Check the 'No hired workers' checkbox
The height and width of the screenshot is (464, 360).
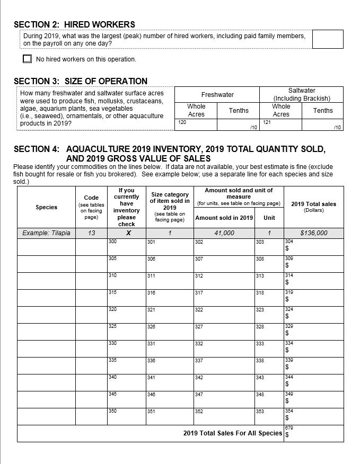[x=28, y=59]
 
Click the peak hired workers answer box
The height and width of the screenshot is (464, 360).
[x=327, y=39]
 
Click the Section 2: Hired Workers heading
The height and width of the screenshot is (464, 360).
[x=74, y=24]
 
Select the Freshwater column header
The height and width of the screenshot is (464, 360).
[x=217, y=95]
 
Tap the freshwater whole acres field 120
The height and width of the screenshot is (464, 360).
[x=196, y=125]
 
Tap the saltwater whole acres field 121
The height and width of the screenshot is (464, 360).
[x=281, y=125]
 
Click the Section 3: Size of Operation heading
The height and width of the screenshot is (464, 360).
[x=81, y=81]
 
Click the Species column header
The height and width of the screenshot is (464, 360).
[x=46, y=207]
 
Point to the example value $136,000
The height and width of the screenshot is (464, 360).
[x=313, y=233]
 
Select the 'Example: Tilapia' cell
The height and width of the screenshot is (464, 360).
[x=46, y=233]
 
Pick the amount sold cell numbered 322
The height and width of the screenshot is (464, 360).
[x=224, y=315]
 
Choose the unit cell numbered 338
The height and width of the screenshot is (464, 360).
[x=269, y=366]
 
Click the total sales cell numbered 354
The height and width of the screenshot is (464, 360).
[x=313, y=417]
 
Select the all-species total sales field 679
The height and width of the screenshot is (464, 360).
[x=313, y=433]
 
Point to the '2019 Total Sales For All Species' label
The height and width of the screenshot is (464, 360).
[x=233, y=433]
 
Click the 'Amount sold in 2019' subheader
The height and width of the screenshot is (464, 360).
[x=224, y=218]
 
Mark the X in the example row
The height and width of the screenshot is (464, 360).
[x=127, y=233]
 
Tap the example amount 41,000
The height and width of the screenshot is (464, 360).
[x=224, y=233]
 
